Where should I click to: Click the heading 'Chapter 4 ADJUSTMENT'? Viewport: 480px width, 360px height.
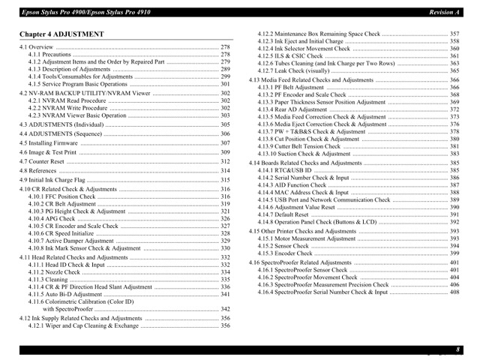(x=62, y=34)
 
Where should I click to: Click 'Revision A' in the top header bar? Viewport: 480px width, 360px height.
(x=444, y=13)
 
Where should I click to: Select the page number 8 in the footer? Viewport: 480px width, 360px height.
(x=457, y=349)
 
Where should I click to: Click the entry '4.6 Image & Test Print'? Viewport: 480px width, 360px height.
(x=48, y=152)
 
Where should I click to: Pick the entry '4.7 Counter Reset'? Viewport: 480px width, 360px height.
(x=42, y=162)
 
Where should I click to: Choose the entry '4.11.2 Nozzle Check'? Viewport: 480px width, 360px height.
(x=54, y=272)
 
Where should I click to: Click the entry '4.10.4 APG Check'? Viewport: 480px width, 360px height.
(x=52, y=218)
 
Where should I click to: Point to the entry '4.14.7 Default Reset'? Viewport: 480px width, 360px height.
(x=283, y=214)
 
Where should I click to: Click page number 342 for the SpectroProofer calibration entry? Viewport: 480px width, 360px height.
(x=225, y=309)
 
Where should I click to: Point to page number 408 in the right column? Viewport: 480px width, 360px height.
(x=454, y=292)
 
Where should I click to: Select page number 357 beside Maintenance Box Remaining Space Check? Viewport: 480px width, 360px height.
(x=454, y=34)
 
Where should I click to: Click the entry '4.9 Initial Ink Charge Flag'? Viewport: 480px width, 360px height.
(x=52, y=181)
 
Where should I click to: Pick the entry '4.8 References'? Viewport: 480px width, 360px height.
(x=38, y=171)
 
